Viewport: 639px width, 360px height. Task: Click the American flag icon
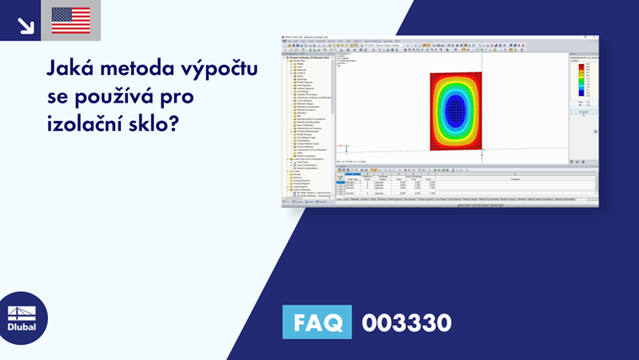click(71, 20)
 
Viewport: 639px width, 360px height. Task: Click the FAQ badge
click(317, 322)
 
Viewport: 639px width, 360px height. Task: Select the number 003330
click(406, 322)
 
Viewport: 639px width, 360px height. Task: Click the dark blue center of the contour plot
click(456, 109)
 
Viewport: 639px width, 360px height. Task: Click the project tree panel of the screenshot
click(307, 118)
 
